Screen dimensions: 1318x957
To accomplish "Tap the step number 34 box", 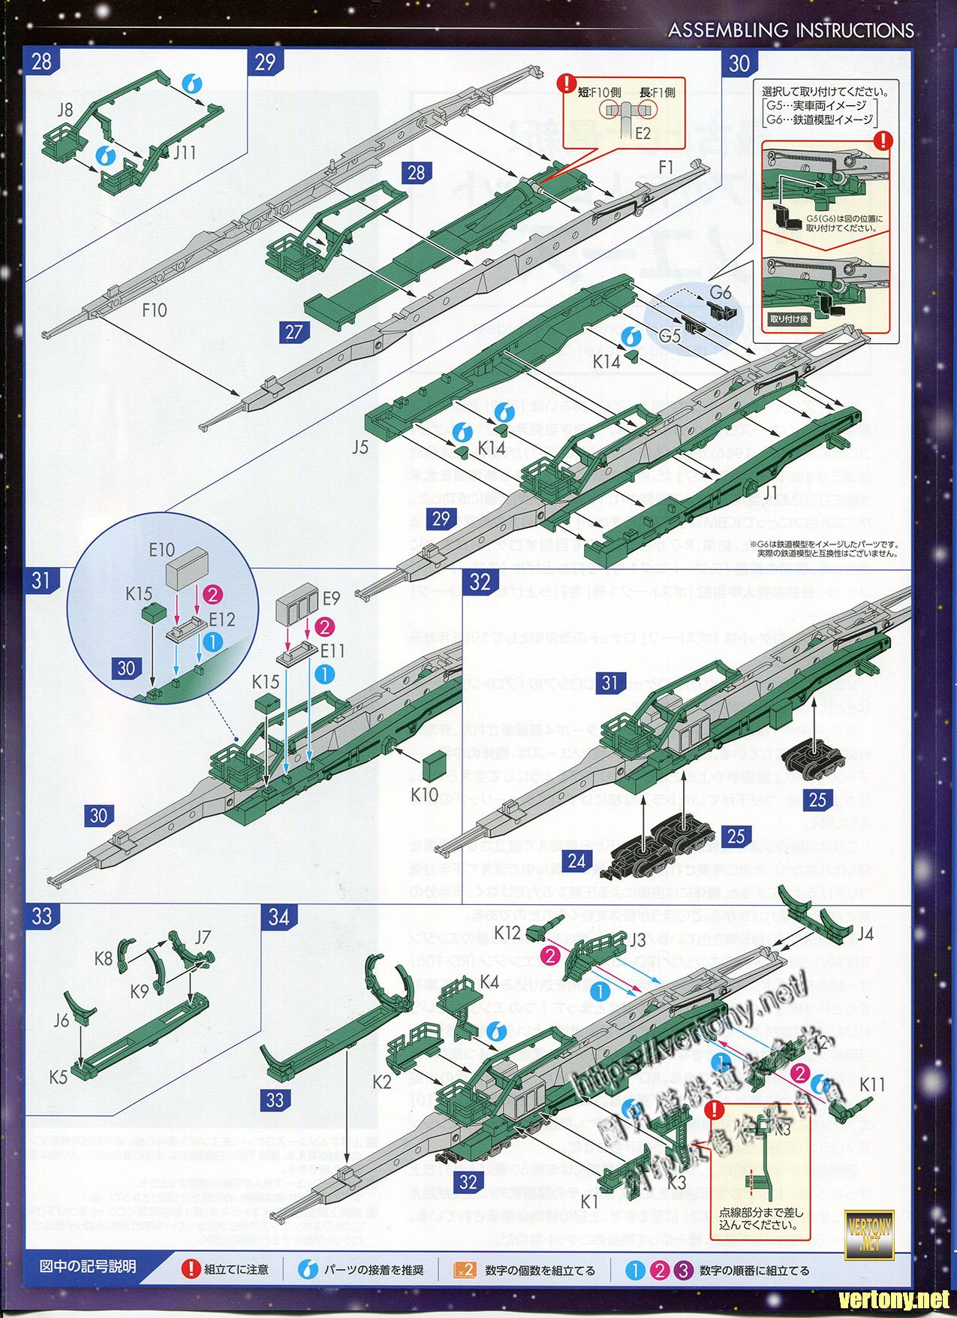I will pyautogui.click(x=278, y=918).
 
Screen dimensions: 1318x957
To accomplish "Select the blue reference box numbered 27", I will pyautogui.click(x=293, y=331).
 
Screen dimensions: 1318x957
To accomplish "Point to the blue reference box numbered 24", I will pyautogui.click(x=576, y=859).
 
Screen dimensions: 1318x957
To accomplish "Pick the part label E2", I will pyautogui.click(x=643, y=134).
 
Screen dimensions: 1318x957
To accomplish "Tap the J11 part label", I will pyautogui.click(x=184, y=153).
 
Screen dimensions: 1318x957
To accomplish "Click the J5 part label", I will pyautogui.click(x=360, y=448).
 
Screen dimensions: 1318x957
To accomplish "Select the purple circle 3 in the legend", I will pyautogui.click(x=682, y=1271).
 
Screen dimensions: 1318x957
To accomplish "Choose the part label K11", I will pyautogui.click(x=873, y=1084).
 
